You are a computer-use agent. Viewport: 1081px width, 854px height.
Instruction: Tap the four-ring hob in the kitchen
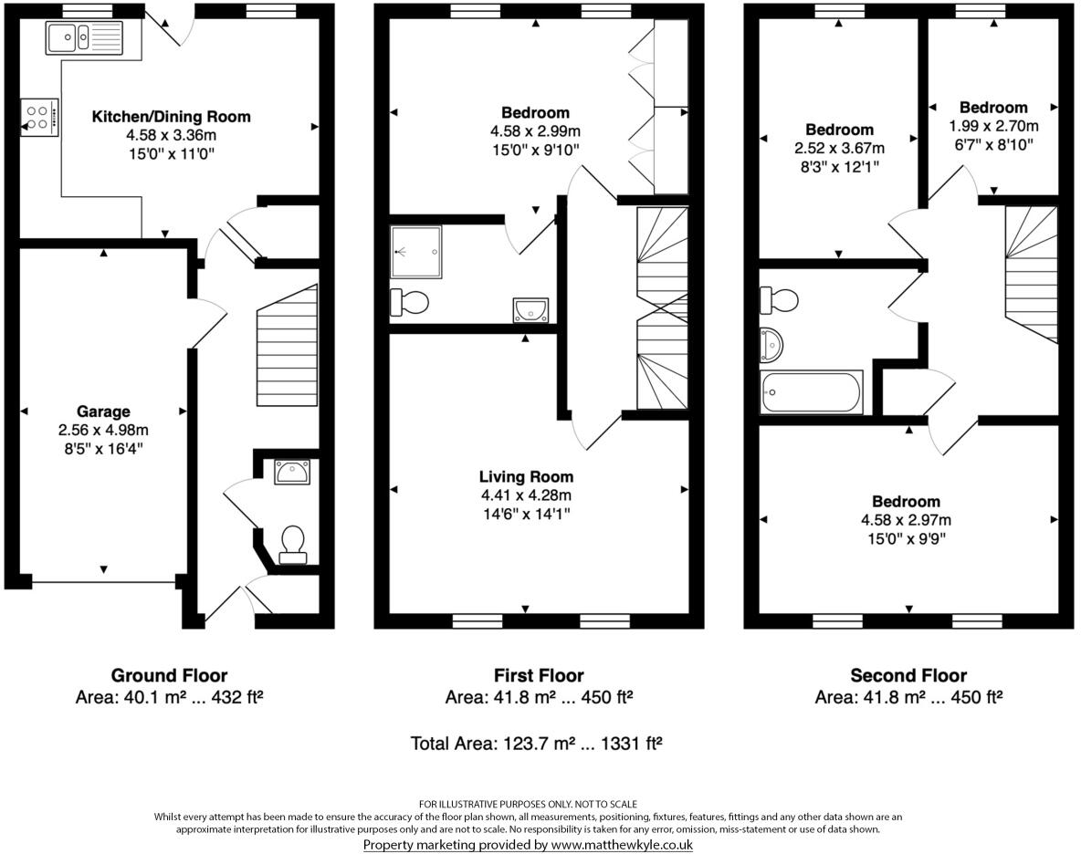point(39,117)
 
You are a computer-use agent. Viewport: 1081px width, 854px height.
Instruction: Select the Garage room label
point(103,411)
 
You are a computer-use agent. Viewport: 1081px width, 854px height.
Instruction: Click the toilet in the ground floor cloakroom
point(293,543)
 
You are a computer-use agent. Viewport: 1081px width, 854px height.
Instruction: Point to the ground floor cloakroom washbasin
point(292,472)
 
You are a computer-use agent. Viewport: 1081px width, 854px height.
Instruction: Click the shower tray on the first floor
point(415,251)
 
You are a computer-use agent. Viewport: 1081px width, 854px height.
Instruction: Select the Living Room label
point(526,476)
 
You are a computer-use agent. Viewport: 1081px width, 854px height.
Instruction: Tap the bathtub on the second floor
point(812,392)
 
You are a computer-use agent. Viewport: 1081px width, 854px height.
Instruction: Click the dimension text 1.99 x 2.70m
point(993,126)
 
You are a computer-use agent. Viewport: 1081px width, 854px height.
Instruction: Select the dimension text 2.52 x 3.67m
point(839,149)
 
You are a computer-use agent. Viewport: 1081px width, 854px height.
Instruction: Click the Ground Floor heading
point(169,676)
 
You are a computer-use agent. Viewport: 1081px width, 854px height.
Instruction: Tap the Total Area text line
point(537,744)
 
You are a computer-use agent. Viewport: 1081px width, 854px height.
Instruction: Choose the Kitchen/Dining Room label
point(171,117)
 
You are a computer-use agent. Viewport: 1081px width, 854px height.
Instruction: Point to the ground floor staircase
point(288,347)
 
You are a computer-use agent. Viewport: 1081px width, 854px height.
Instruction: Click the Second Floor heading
point(908,676)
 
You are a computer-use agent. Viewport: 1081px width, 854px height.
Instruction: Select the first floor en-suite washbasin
point(530,310)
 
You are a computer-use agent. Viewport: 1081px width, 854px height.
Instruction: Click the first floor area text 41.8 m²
point(539,698)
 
